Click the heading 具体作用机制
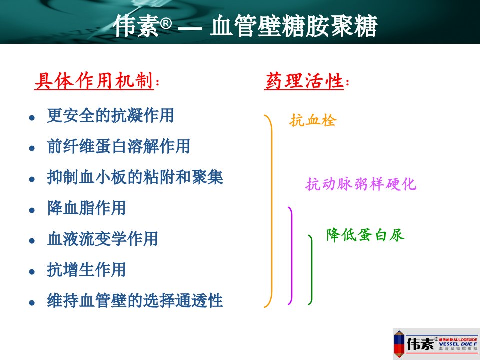point(94,81)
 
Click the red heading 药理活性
point(304,81)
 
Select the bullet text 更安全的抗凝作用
point(110,115)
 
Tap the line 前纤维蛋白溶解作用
point(119,146)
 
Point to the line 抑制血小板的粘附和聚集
point(135,177)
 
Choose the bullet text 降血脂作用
point(86,208)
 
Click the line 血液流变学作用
point(102,239)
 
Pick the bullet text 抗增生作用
point(86,270)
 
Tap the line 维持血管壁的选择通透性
point(135,300)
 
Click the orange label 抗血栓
point(313,120)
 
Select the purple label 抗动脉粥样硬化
point(361,184)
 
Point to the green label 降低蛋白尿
point(365,235)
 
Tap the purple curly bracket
point(291,255)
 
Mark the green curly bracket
point(311,269)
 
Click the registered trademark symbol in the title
point(166,24)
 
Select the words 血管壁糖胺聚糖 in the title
point(293,26)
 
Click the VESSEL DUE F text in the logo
point(458,344)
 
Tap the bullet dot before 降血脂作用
point(32,210)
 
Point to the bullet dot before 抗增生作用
point(32,272)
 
